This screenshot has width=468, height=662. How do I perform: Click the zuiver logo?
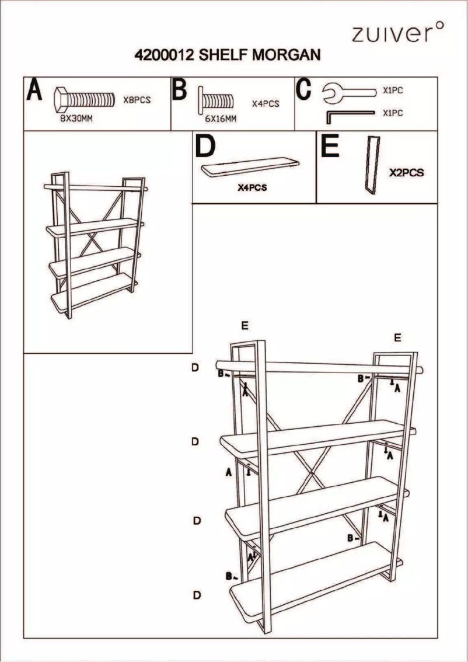click(397, 33)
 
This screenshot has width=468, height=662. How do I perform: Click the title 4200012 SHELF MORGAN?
click(228, 55)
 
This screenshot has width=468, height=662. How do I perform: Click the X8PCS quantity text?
click(137, 100)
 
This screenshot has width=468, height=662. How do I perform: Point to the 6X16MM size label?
click(220, 119)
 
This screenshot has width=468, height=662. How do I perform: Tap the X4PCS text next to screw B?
click(266, 103)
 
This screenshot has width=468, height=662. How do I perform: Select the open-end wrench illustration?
click(350, 91)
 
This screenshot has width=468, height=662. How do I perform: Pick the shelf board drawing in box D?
click(252, 167)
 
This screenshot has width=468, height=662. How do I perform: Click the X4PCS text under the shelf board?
click(252, 189)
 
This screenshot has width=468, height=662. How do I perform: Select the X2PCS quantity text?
click(406, 173)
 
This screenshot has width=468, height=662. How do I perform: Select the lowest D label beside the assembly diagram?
click(197, 595)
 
